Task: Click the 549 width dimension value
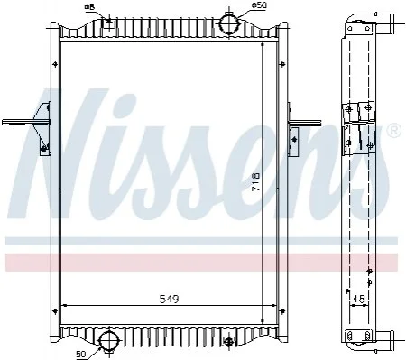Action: (169, 299)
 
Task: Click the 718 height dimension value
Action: (255, 181)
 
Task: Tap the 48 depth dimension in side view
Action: (359, 299)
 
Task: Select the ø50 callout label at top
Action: (259, 5)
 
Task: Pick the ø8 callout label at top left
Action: (90, 7)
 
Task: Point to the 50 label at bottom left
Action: (81, 355)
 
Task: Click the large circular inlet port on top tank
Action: (229, 23)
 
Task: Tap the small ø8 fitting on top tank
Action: (109, 22)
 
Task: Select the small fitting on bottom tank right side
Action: (229, 341)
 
